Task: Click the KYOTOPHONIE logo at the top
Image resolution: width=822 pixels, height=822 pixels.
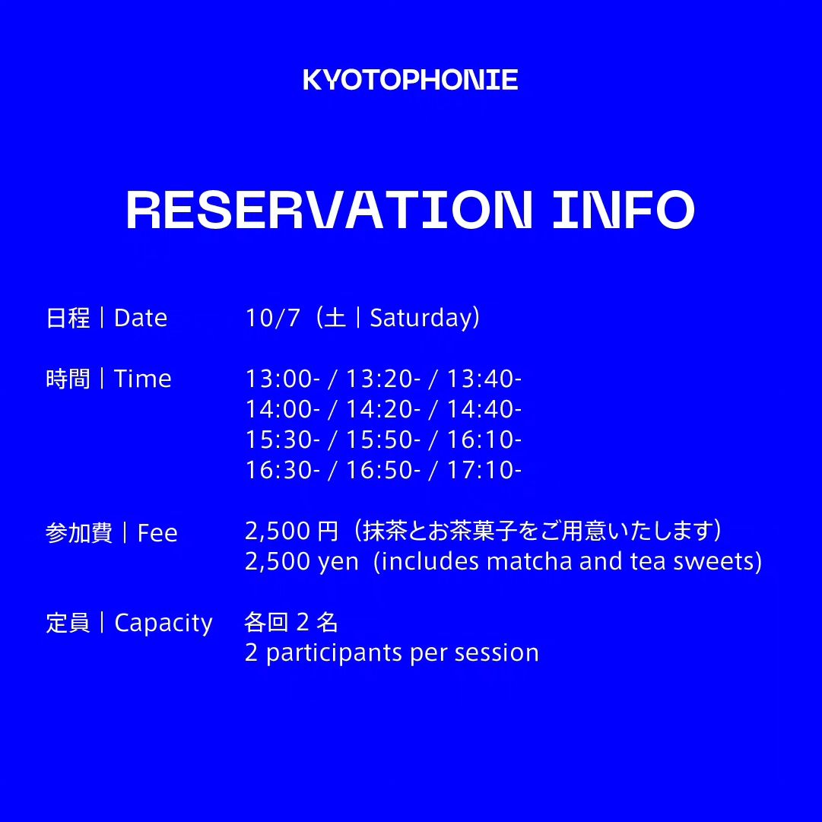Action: point(411,80)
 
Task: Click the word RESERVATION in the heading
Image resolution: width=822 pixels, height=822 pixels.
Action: point(329,209)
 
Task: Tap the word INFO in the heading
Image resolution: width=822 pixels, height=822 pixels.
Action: point(624,209)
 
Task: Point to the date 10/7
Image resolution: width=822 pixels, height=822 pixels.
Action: point(272,318)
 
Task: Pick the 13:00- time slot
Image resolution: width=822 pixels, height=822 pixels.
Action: point(283,379)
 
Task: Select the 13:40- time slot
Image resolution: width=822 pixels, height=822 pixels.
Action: point(484,379)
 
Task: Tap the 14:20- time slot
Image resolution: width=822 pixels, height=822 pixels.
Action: point(383,409)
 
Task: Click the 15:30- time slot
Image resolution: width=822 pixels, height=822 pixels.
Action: point(283,440)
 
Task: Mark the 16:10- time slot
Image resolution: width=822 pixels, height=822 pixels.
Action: point(484,440)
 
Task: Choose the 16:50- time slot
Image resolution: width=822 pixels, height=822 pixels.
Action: point(383,470)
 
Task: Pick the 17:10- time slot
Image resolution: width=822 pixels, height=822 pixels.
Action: point(484,470)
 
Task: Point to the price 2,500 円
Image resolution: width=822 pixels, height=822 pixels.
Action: point(292,531)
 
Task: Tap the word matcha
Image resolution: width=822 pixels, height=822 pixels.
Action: point(529,561)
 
